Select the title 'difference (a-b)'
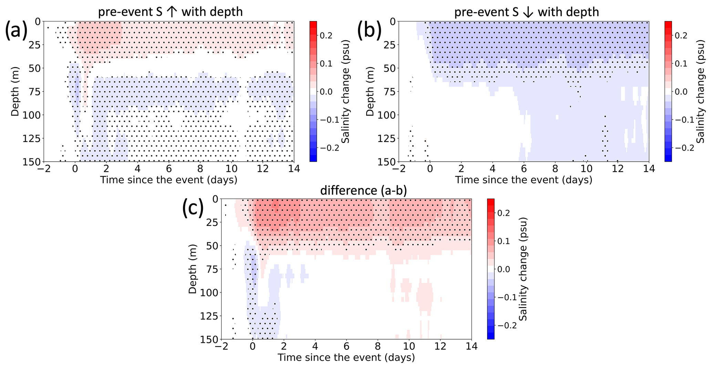[x=363, y=191]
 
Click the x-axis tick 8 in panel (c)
[x=378, y=347]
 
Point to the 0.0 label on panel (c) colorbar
[x=508, y=269]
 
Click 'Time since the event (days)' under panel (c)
[x=346, y=358]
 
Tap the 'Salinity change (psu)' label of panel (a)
[x=345, y=91]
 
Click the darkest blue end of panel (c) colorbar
[x=491, y=337]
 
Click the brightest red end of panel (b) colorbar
[x=668, y=23]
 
